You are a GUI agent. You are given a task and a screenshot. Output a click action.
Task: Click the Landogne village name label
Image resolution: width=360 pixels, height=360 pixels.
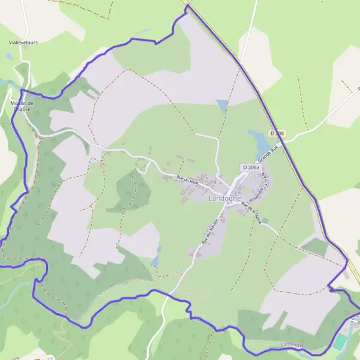point(225,199)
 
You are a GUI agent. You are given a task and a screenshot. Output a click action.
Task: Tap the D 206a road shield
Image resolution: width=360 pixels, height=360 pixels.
point(251,167)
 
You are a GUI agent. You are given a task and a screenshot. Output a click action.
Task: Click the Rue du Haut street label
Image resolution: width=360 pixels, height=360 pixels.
point(187,179)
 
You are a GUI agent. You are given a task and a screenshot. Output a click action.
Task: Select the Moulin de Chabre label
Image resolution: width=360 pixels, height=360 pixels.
point(23,106)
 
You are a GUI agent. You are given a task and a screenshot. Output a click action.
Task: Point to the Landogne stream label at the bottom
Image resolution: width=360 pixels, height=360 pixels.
point(292,346)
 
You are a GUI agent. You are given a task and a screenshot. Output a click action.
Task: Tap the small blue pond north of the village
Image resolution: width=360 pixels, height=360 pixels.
point(222,106)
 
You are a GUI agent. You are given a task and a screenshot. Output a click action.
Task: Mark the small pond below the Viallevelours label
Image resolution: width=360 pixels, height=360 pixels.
point(9,56)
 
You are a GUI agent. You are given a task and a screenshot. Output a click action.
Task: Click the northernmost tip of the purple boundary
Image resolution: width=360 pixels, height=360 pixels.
point(187,6)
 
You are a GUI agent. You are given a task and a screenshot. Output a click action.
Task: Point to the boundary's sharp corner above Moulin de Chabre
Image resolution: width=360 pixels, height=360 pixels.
point(22,91)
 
